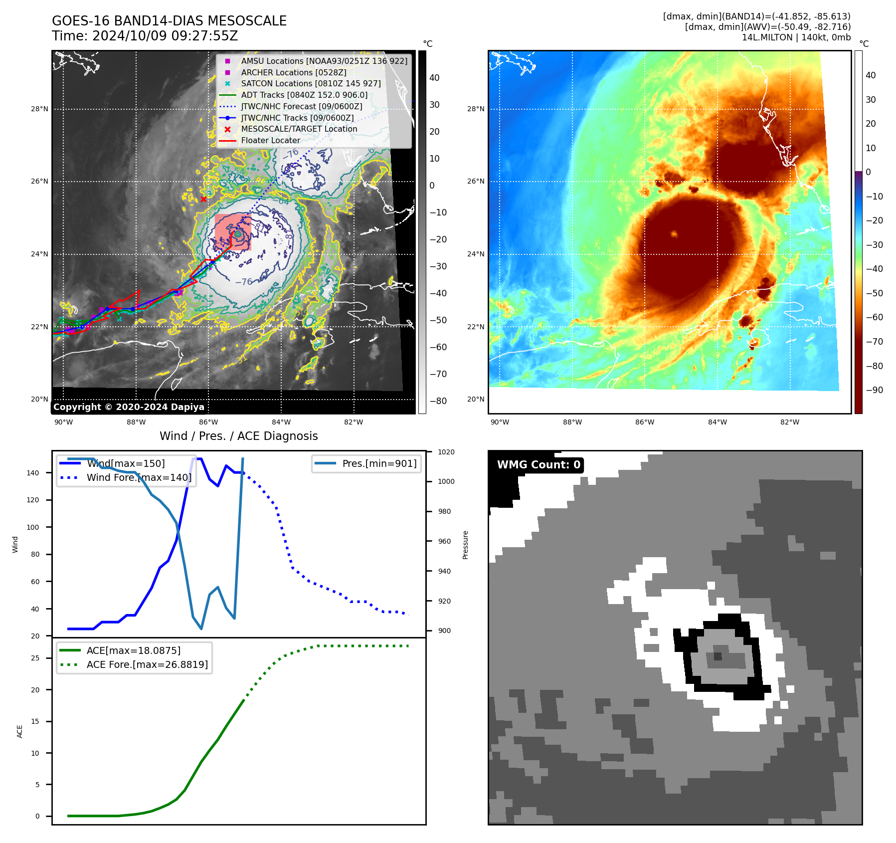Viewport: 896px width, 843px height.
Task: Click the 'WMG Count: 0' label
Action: (x=538, y=465)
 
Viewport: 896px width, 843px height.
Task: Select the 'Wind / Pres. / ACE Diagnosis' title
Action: (x=238, y=436)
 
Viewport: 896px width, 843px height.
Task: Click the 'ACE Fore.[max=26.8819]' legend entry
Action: (x=147, y=664)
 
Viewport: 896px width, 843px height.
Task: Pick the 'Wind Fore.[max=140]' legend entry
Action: (x=139, y=477)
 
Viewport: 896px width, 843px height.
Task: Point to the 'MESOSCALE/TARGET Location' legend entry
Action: (x=299, y=129)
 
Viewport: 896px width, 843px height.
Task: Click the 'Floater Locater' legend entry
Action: (x=270, y=140)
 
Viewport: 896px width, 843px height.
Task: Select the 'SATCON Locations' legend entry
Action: (x=311, y=83)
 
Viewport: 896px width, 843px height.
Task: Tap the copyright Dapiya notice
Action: (x=129, y=407)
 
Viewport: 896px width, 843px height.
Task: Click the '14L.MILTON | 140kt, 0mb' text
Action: (x=796, y=37)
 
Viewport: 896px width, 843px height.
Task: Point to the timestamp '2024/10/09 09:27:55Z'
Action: (x=165, y=36)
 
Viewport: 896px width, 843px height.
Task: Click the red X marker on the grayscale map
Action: (x=203, y=200)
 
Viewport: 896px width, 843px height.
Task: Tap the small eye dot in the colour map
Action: (x=674, y=234)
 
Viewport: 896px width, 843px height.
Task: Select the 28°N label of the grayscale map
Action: (x=39, y=109)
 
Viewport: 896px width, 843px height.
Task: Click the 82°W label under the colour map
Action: (x=789, y=422)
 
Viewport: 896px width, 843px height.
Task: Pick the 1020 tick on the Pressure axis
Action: (x=446, y=452)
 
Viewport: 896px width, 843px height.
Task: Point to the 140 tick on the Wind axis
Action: (x=33, y=473)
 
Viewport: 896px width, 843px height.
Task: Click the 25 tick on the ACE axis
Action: (x=35, y=658)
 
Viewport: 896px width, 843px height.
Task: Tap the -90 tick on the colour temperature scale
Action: (x=874, y=390)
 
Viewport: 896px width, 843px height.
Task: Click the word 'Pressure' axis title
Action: (x=465, y=545)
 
